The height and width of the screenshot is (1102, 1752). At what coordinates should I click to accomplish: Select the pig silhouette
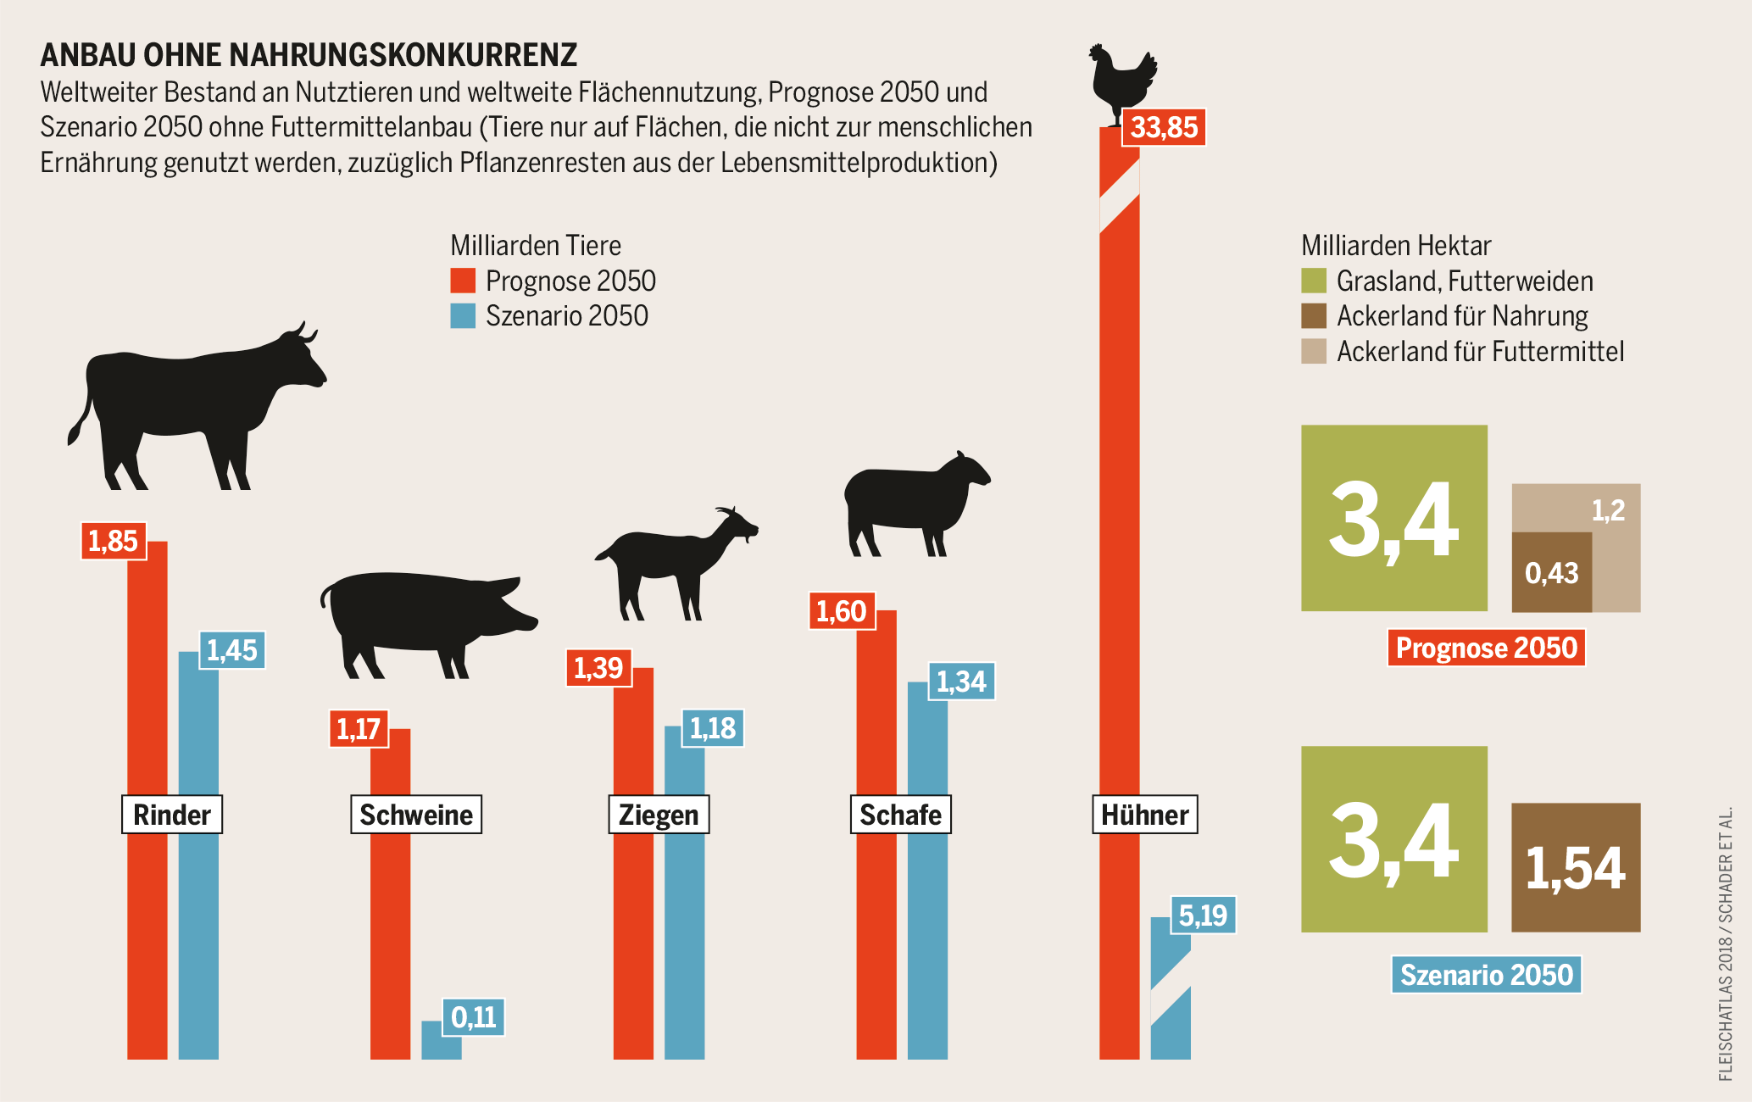(x=424, y=619)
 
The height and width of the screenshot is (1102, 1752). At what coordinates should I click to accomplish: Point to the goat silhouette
(x=670, y=559)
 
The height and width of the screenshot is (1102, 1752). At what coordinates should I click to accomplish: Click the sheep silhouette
(x=911, y=500)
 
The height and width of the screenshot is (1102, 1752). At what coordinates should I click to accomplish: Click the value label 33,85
(x=1164, y=128)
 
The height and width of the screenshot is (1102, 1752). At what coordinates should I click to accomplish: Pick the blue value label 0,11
(x=473, y=1016)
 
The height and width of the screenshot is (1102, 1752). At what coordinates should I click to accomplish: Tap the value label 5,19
(x=1203, y=916)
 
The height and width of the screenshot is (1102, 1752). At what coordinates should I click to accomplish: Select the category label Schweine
(x=416, y=815)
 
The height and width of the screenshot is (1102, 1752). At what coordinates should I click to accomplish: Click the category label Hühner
(x=1144, y=815)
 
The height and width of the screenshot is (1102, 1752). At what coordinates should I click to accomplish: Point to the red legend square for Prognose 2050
(x=463, y=281)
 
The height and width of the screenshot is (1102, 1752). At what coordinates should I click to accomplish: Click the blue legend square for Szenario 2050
(x=463, y=316)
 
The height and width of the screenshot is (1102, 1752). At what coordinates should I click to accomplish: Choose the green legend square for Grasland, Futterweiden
(x=1314, y=281)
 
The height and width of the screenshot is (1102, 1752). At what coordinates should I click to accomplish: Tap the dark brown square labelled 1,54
(x=1576, y=867)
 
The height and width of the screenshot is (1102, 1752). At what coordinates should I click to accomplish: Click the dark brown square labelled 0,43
(x=1551, y=573)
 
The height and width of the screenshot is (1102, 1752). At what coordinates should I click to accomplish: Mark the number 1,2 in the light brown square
(x=1608, y=510)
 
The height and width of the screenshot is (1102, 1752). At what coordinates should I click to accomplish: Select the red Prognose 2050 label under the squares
(x=1486, y=648)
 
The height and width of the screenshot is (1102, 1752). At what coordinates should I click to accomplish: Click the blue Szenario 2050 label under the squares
(x=1486, y=975)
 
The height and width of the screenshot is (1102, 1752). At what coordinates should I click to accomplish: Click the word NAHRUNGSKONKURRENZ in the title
(x=403, y=55)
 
